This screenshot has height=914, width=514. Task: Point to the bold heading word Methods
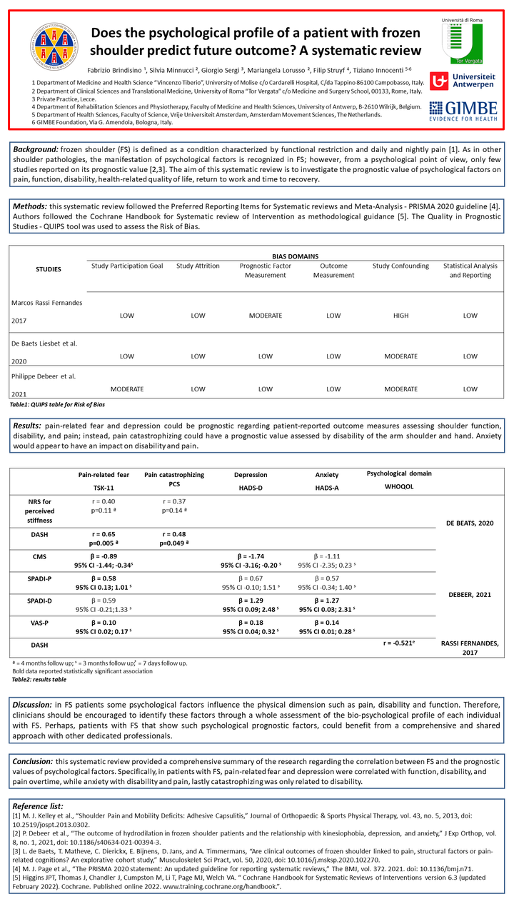click(31, 206)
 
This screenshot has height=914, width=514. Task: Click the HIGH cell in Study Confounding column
click(400, 316)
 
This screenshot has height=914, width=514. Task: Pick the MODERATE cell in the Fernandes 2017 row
click(266, 316)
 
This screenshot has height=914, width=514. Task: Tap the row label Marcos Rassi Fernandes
click(46, 303)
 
